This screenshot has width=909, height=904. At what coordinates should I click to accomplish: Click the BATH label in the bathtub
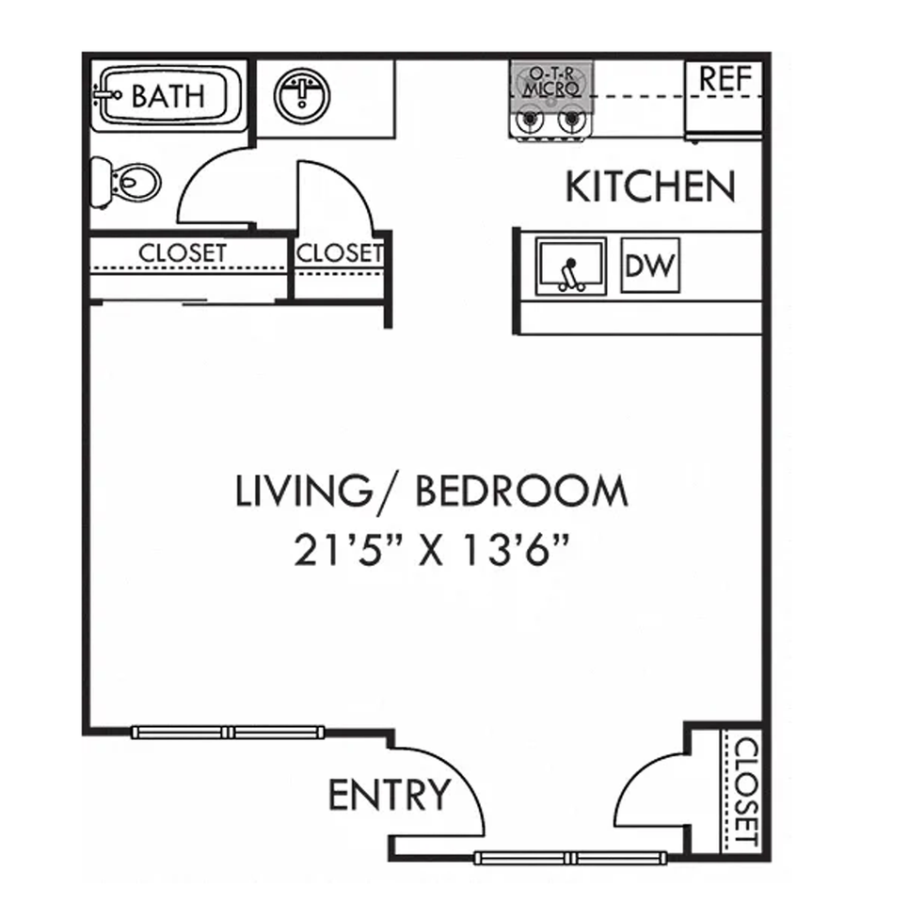coord(167,96)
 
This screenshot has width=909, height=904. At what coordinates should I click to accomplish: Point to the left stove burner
coord(528,121)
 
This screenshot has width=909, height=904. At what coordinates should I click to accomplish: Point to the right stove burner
coord(569,121)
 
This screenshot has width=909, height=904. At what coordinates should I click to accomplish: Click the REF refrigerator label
coord(726,80)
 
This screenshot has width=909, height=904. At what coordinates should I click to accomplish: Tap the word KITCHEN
coord(649,187)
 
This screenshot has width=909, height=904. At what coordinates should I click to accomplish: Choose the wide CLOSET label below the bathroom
coord(183,253)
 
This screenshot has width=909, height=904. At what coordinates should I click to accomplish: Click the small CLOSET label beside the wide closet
coord(339,253)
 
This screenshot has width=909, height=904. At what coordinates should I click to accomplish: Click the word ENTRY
coord(390,796)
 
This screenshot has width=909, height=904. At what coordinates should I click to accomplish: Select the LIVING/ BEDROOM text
coord(431,492)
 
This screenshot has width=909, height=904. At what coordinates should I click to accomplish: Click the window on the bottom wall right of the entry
coord(571,857)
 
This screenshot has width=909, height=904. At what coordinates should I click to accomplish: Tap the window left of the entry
coord(229,732)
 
